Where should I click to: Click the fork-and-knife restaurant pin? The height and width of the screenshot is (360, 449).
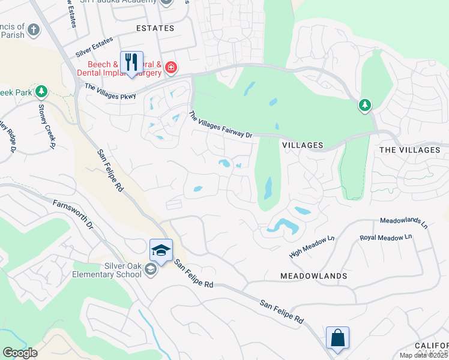point(131,62)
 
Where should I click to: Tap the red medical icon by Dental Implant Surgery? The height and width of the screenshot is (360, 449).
point(171,67)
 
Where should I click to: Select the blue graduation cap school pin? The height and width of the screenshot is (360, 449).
point(161,250)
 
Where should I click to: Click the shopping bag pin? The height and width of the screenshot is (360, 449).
point(337,337)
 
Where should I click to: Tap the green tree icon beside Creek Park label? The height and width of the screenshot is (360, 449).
point(41,92)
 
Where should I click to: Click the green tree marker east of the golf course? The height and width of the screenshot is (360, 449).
point(364,106)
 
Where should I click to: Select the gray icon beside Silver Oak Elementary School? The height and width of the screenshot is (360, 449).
point(150,271)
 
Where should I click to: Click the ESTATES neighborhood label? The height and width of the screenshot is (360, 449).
point(155,28)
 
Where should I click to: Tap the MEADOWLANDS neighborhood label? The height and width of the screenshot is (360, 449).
point(313,276)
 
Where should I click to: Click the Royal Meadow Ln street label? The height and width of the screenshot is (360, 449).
point(385,238)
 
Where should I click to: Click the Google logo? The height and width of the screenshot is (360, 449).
point(19,353)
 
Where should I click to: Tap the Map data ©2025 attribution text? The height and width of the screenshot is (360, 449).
point(424,355)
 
